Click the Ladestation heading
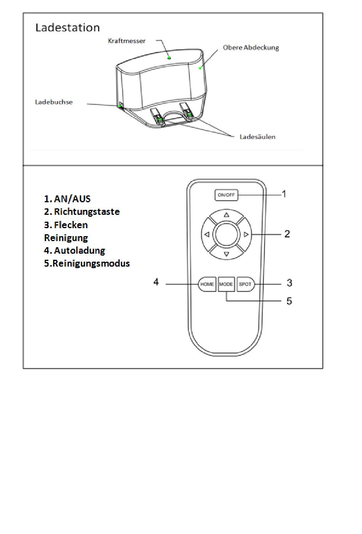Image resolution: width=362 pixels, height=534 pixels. tap(67, 27)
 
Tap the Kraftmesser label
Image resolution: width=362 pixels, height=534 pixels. tap(127, 41)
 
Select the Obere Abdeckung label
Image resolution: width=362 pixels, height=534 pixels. tap(251, 48)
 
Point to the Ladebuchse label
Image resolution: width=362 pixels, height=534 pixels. tap(54, 102)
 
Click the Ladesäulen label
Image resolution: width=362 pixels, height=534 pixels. tap(257, 137)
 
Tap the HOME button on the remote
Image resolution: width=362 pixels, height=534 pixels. tap(207, 284)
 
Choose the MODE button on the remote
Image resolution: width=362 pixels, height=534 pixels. tap(226, 284)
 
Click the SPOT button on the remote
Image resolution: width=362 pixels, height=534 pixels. tap(245, 284)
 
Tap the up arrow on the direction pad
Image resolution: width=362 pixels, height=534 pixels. tap(226, 215)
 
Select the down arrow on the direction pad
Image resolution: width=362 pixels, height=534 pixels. tap(226, 254)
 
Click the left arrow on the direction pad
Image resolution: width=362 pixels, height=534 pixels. tap(207, 235)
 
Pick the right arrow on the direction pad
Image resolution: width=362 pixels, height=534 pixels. tap(246, 235)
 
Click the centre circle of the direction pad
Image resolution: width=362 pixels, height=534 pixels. tap(226, 235)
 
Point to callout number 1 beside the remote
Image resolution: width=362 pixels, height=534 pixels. tap(284, 194)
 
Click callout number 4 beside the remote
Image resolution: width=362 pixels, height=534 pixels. tap(156, 282)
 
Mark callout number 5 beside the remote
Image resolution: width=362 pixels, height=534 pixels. tap(289, 301)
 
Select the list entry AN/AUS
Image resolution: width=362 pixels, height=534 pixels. tap(72, 199)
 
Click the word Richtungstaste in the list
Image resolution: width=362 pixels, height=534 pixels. tap(86, 212)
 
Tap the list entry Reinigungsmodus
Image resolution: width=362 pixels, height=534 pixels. tap(91, 264)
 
